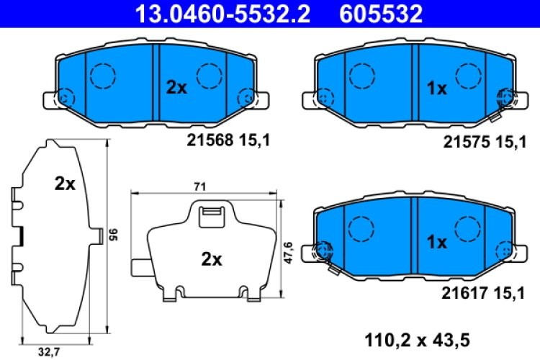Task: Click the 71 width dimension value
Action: pos(200,186)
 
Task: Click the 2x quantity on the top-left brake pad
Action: pos(176,88)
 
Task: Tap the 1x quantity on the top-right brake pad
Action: pos(436,88)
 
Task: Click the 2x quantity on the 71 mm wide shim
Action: pos(210,260)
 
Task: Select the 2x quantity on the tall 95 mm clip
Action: pos(65,184)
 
